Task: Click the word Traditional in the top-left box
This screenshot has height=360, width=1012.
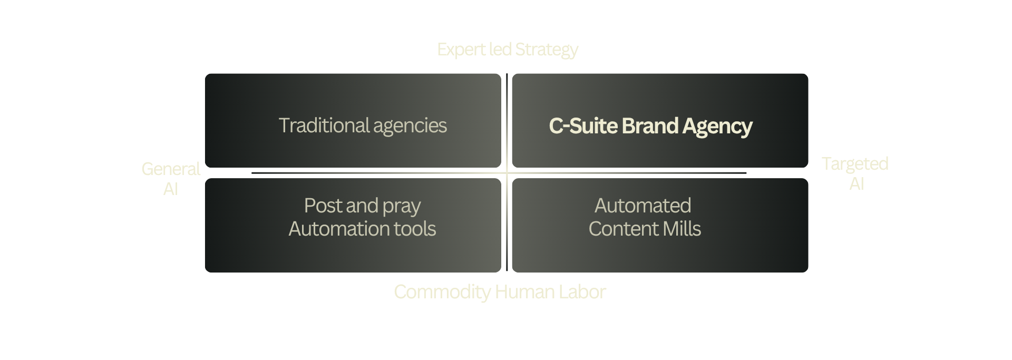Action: click(x=324, y=125)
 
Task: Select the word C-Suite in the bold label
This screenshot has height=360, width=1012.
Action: click(x=583, y=126)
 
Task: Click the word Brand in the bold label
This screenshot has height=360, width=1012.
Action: click(x=650, y=126)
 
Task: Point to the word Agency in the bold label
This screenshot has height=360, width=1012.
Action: click(x=717, y=127)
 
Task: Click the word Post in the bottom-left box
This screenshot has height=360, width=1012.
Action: click(x=322, y=206)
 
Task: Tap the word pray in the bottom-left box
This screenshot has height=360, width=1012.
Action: click(x=402, y=207)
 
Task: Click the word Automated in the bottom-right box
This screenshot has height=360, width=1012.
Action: click(x=643, y=206)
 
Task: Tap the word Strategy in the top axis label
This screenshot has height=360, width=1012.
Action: click(x=547, y=50)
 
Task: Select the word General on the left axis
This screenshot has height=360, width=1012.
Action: click(x=171, y=169)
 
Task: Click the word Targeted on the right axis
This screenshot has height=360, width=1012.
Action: click(x=855, y=164)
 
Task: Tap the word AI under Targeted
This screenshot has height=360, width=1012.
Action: click(x=857, y=184)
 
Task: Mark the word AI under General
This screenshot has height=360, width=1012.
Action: click(x=171, y=189)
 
